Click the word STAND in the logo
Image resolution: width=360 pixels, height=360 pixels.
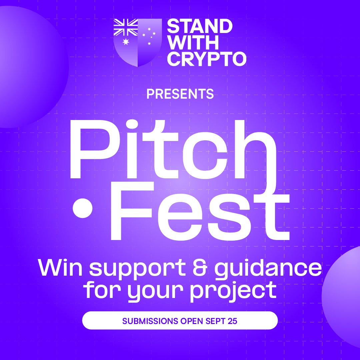click(199, 26)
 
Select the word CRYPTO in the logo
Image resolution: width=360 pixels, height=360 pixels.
click(206, 59)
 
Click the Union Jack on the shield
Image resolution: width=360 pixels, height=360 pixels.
click(126, 27)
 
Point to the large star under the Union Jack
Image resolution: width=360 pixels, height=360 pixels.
click(126, 42)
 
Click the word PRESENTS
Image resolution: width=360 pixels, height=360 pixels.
click(180, 94)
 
